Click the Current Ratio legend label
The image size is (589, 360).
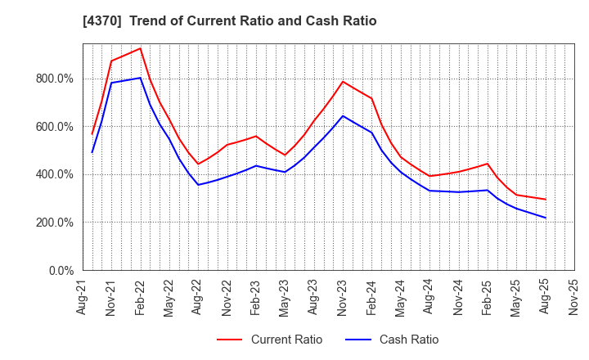(286, 340)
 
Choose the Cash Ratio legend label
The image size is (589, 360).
(409, 340)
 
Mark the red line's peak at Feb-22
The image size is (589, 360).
(140, 48)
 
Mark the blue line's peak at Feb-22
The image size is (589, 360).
(140, 79)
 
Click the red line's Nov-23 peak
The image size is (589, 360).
(343, 81)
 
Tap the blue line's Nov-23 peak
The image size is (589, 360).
(343, 115)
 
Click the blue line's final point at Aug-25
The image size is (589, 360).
(545, 218)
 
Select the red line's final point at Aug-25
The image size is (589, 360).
(545, 199)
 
